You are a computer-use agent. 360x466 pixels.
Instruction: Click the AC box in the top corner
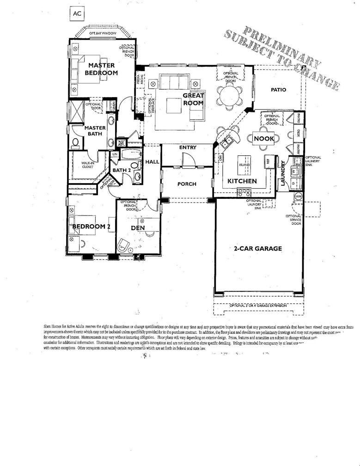(77, 14)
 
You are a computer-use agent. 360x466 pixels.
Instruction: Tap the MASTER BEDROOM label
(101, 69)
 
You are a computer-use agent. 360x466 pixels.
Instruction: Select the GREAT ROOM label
(193, 99)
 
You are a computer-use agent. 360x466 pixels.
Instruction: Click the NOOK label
(263, 138)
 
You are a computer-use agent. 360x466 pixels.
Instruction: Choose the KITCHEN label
(239, 181)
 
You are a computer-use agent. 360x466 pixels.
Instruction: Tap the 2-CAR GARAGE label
(257, 248)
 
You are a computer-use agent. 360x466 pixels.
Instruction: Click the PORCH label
(187, 184)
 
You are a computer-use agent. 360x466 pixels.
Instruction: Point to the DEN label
(138, 227)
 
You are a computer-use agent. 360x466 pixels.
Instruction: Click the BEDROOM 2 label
(91, 226)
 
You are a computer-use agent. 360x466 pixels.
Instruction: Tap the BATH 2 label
(122, 170)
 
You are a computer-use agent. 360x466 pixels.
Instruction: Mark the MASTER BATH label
(95, 131)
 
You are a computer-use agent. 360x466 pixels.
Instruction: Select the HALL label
(152, 162)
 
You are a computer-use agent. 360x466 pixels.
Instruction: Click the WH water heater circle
(298, 197)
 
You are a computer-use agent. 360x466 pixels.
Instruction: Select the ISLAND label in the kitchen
(244, 164)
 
